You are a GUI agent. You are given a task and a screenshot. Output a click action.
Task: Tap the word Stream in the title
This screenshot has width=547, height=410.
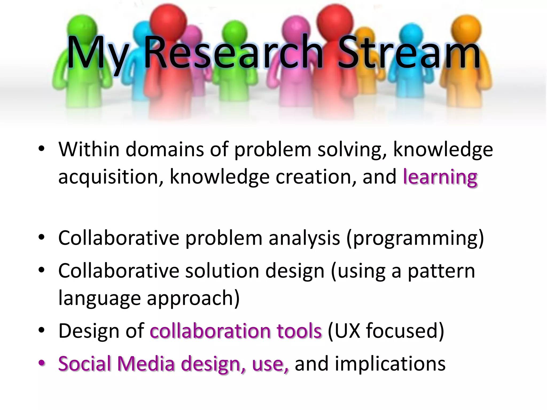point(409,52)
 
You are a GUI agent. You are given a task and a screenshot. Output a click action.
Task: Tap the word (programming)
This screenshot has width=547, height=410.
point(415,238)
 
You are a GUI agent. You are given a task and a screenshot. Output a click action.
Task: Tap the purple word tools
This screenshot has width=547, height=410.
point(299,331)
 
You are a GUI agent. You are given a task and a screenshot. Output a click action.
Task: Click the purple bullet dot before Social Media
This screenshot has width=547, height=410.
point(42,363)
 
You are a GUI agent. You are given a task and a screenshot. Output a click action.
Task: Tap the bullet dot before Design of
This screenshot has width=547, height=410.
point(42,330)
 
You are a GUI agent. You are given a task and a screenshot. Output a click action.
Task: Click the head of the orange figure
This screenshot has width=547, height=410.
point(466,27)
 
